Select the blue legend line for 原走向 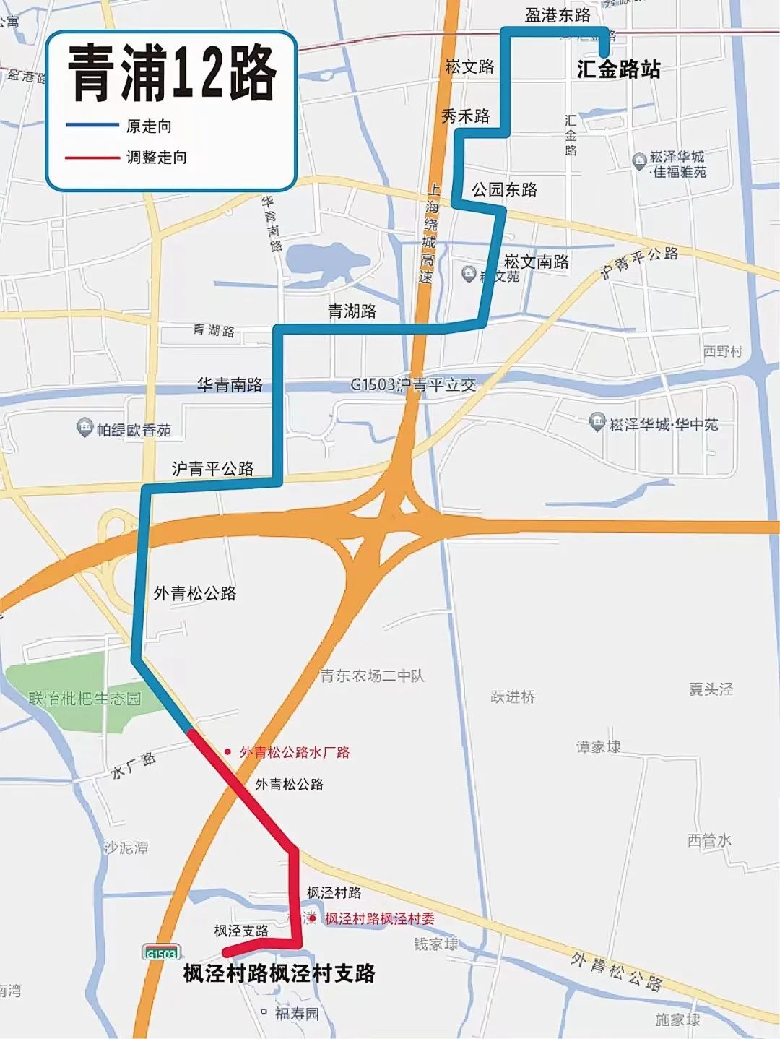(x=92, y=126)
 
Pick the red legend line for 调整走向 (x=92, y=157)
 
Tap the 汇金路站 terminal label (x=618, y=69)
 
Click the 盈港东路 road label (x=557, y=15)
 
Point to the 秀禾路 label (x=465, y=116)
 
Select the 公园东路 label (x=504, y=190)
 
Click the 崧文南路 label (x=536, y=262)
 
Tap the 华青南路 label (x=230, y=385)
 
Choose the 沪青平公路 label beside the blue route (x=212, y=469)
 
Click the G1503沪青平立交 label (x=413, y=385)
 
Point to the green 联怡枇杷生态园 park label (x=85, y=699)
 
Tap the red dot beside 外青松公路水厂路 (x=228, y=752)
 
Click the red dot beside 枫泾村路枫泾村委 (x=313, y=919)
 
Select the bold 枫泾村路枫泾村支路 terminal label (x=279, y=973)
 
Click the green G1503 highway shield (x=161, y=953)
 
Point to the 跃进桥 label (x=513, y=697)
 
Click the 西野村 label (x=722, y=351)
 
